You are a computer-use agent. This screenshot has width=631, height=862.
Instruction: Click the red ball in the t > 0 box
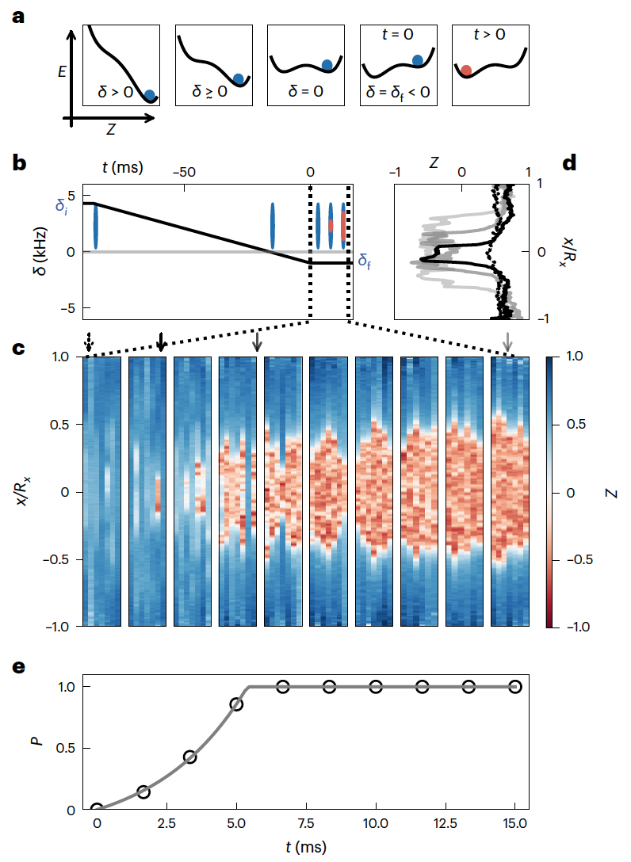coord(467,71)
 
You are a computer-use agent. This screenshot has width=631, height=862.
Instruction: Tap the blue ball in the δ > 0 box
coord(150,95)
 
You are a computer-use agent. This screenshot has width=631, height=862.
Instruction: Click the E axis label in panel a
coord(62,71)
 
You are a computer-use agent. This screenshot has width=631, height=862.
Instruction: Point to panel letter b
coord(21,165)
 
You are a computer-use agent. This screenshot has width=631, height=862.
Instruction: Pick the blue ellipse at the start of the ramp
coord(95,225)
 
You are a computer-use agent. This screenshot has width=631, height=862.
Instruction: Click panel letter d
coord(569,163)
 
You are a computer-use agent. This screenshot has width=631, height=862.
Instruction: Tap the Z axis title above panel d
coord(434,163)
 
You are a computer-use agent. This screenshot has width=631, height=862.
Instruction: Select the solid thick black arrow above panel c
coord(161,341)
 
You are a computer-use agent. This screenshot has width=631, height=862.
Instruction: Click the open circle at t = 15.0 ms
coord(515,687)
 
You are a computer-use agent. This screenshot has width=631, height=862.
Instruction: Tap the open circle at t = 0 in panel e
coord(97,809)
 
